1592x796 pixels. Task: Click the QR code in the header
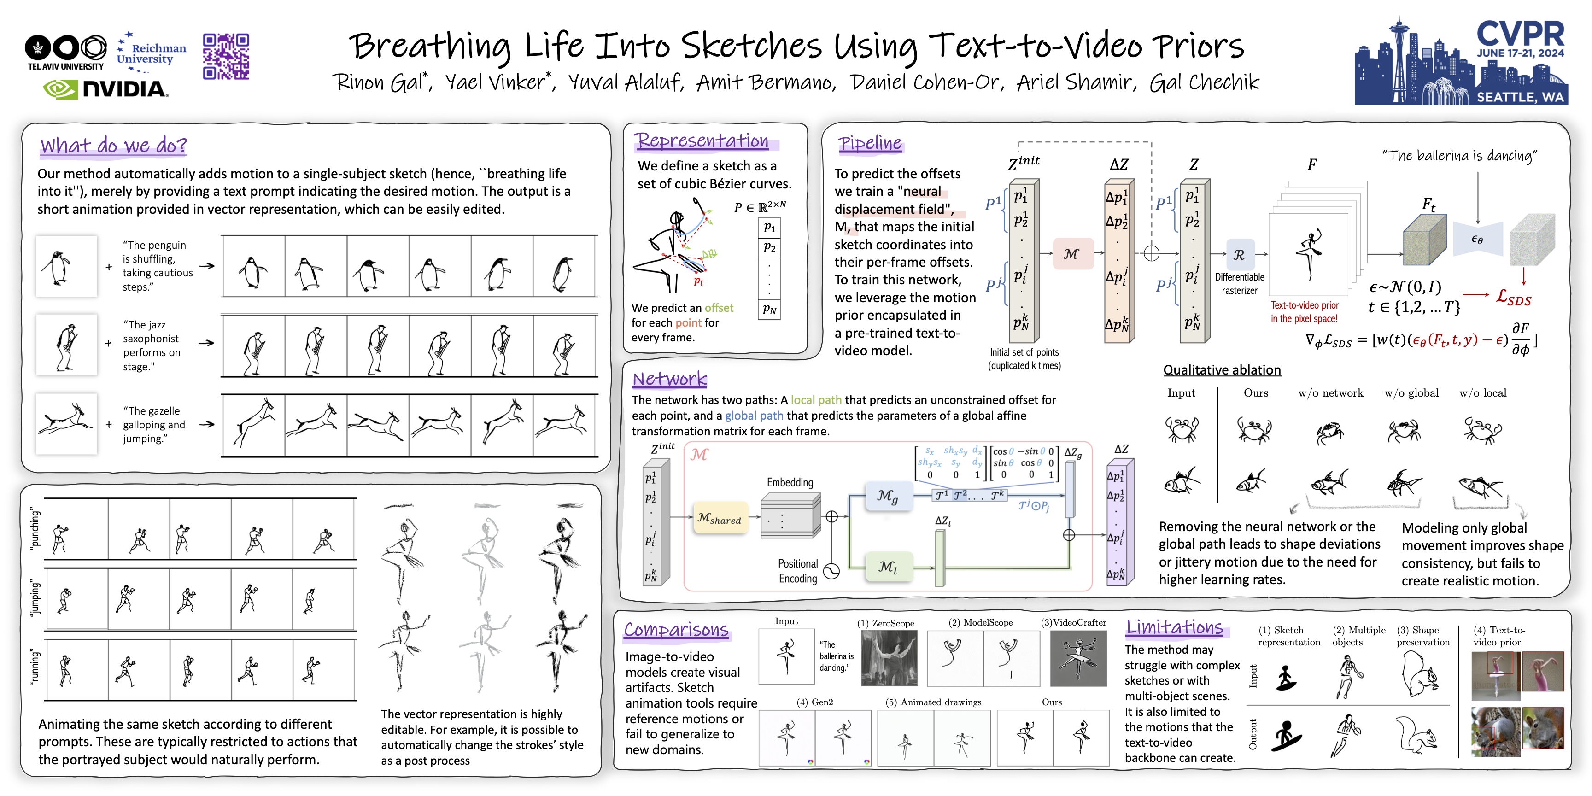coord(226,56)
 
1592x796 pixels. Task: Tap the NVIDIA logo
coord(105,89)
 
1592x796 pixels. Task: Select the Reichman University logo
coord(152,53)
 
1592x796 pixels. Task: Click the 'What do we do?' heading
coord(113,145)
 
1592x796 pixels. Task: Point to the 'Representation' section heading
coord(703,141)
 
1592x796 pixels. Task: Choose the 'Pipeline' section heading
coord(870,143)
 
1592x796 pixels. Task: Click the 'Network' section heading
coord(669,378)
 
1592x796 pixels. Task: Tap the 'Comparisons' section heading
coord(676,629)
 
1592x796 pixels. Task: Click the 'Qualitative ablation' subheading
coord(1222,369)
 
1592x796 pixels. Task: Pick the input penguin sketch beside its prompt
coord(67,266)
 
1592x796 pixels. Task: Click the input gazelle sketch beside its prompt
coord(67,424)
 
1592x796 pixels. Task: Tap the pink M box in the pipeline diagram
coord(1071,254)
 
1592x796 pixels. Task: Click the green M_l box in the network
coord(888,567)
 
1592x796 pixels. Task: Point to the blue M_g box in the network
coord(888,496)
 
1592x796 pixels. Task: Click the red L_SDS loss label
coord(1514,298)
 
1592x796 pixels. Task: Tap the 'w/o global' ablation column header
coord(1411,393)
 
